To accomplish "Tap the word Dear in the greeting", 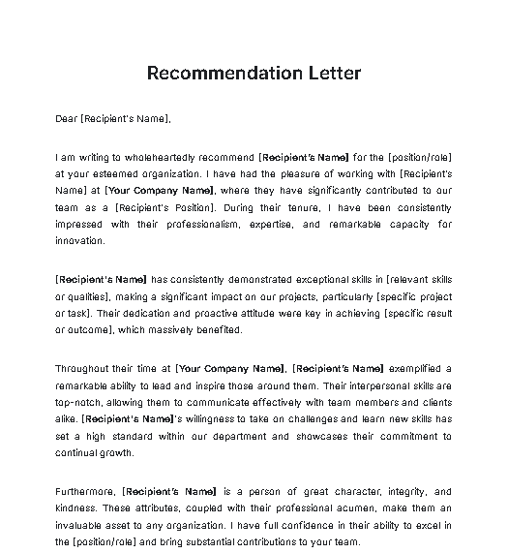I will [x=67, y=119].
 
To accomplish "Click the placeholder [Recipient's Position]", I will [x=164, y=207].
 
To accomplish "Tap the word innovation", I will [x=80, y=240].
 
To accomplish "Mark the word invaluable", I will [x=80, y=525].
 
